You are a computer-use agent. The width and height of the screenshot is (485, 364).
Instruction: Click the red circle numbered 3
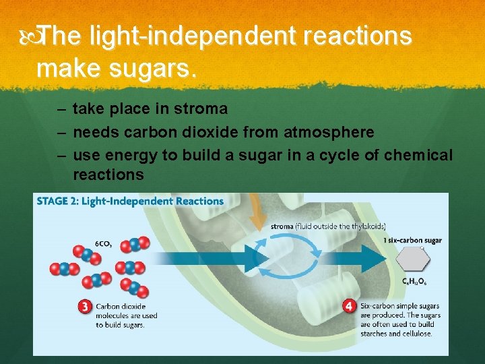tap(85, 307)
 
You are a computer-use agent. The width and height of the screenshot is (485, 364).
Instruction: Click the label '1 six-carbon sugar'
tap(412, 240)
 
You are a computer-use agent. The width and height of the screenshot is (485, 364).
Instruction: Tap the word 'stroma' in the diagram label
tap(283, 226)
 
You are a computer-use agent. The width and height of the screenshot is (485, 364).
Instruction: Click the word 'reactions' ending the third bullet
tap(108, 175)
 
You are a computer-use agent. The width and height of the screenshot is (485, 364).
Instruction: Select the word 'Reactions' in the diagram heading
tap(198, 201)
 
